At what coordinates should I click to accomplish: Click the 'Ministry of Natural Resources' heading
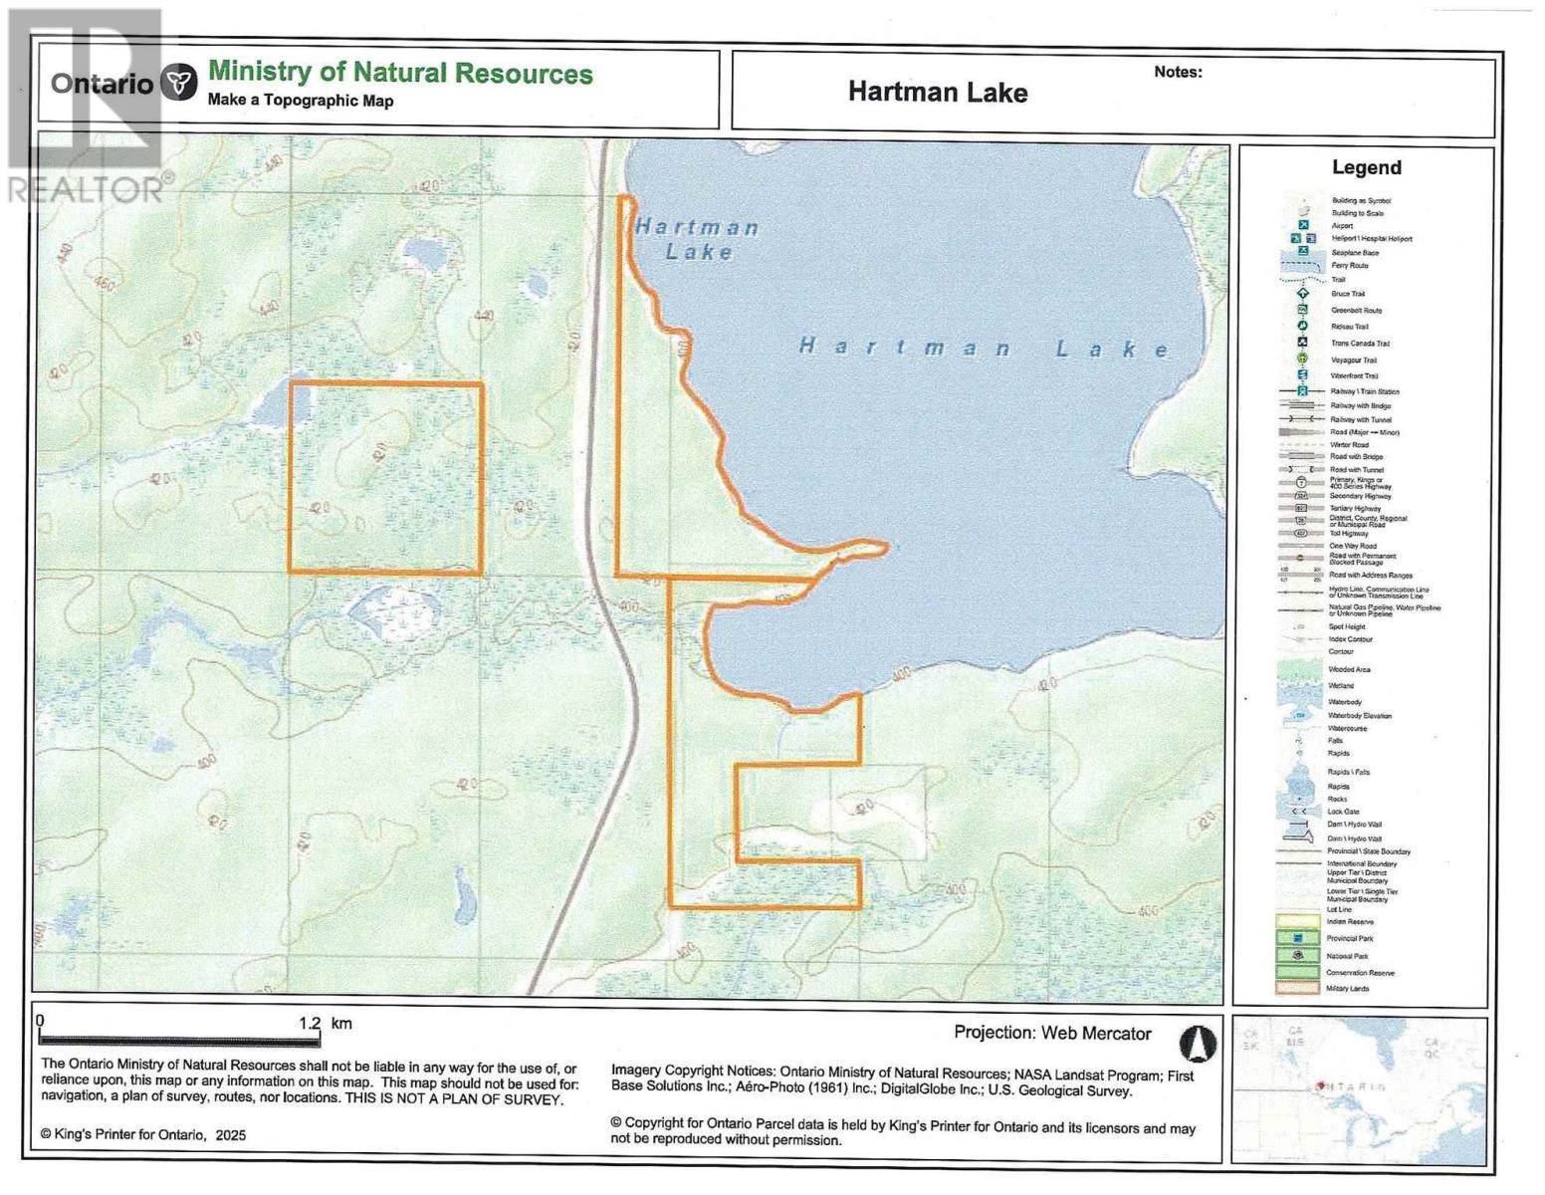400,73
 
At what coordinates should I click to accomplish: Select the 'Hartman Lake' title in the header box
937,93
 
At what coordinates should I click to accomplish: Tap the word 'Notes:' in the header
1178,72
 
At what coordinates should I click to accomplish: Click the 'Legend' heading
1366,167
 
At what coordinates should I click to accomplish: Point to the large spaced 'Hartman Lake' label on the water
985,348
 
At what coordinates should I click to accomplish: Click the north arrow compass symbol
1198,1043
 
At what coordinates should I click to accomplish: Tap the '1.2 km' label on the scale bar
326,1023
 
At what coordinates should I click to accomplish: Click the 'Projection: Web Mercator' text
1052,1033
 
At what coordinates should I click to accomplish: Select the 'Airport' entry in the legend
1342,226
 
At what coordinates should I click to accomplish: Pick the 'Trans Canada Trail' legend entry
1360,344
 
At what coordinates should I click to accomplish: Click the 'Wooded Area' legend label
1351,669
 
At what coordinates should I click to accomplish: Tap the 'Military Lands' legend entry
1348,989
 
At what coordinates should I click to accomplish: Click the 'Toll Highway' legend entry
1349,534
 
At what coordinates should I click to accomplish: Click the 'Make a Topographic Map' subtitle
301,101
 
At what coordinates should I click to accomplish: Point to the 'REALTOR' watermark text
88,189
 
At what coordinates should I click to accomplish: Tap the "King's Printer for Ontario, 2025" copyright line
143,1135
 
